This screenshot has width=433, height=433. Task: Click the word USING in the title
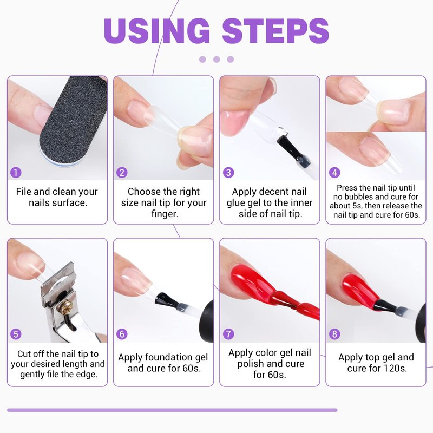157,31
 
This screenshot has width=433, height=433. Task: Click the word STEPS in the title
275,31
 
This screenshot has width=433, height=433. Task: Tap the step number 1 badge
16,173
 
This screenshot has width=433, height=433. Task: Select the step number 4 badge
334,173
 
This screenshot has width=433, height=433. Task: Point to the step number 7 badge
228,334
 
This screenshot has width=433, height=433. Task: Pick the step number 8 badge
334,334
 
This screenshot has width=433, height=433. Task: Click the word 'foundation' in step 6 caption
169,357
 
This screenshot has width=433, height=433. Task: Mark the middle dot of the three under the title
216,60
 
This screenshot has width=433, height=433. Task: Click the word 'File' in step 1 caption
24,192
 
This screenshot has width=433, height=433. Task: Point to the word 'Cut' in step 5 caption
24,354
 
